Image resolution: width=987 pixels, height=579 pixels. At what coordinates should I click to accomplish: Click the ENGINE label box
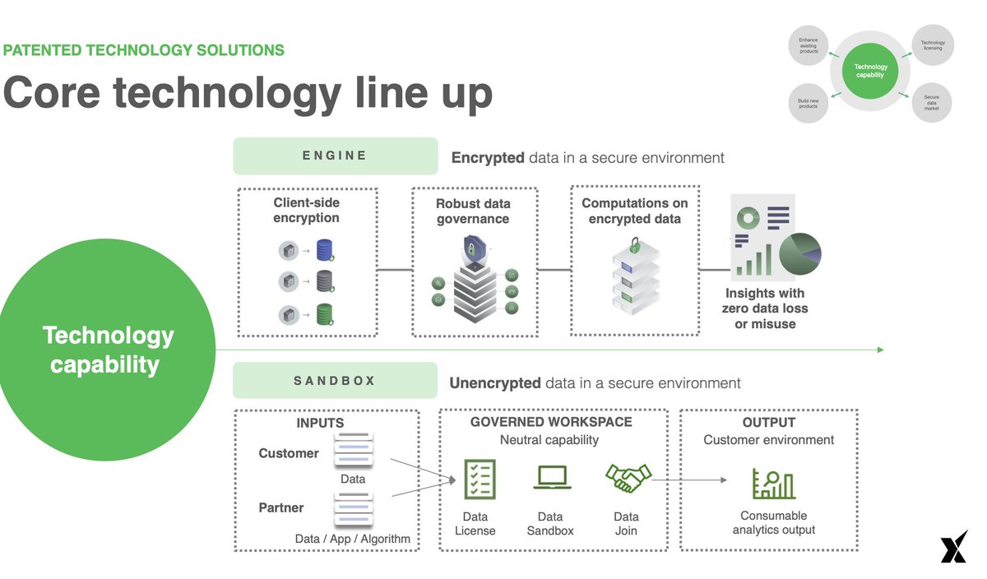[335, 155]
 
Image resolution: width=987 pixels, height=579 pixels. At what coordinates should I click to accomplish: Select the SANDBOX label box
[335, 381]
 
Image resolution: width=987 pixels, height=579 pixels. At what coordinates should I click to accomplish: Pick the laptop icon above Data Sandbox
[551, 478]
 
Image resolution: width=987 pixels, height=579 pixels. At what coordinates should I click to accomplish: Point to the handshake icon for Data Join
[628, 477]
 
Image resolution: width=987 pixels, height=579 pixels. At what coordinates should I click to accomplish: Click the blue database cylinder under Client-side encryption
[325, 251]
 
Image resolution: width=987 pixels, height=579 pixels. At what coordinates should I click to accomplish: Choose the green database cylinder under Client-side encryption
[325, 314]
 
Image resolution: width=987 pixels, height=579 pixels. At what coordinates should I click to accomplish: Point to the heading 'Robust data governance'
[473, 211]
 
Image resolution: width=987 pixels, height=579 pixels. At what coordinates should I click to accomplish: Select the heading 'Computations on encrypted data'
[634, 211]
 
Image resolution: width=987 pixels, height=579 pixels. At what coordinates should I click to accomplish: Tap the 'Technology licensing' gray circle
[933, 45]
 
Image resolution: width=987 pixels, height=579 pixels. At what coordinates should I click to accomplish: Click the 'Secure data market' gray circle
[931, 103]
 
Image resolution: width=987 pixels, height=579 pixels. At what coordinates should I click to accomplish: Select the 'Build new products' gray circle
[809, 103]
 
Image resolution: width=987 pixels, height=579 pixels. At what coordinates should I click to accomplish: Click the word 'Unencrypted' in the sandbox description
[494, 383]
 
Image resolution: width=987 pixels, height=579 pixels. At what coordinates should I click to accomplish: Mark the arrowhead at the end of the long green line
[880, 350]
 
